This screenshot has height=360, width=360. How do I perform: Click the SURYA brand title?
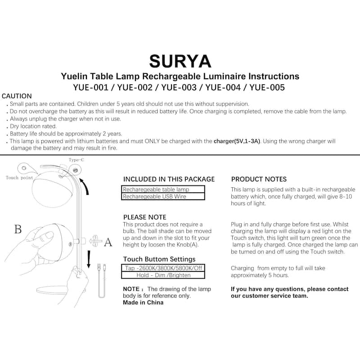(180, 61)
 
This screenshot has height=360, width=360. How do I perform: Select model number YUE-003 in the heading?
(179, 87)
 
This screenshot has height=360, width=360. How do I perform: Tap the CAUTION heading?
(17, 96)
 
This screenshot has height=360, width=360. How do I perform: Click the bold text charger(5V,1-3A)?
(237, 141)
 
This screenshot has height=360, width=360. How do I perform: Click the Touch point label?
(19, 178)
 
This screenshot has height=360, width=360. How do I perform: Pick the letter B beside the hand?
(18, 229)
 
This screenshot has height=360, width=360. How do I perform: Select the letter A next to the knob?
(108, 243)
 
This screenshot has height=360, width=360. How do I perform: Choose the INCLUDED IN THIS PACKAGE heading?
(169, 179)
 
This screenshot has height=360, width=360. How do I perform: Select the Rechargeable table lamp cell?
(163, 189)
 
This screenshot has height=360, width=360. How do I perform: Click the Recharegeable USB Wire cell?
(163, 196)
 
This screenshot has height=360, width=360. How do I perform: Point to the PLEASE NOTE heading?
(144, 217)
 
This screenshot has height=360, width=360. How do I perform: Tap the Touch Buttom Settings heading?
(159, 259)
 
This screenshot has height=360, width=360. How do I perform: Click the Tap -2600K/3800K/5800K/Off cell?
(163, 268)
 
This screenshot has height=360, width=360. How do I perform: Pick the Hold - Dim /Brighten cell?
(163, 275)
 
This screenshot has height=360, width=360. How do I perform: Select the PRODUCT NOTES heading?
(259, 179)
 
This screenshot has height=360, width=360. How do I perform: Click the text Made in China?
(143, 302)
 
